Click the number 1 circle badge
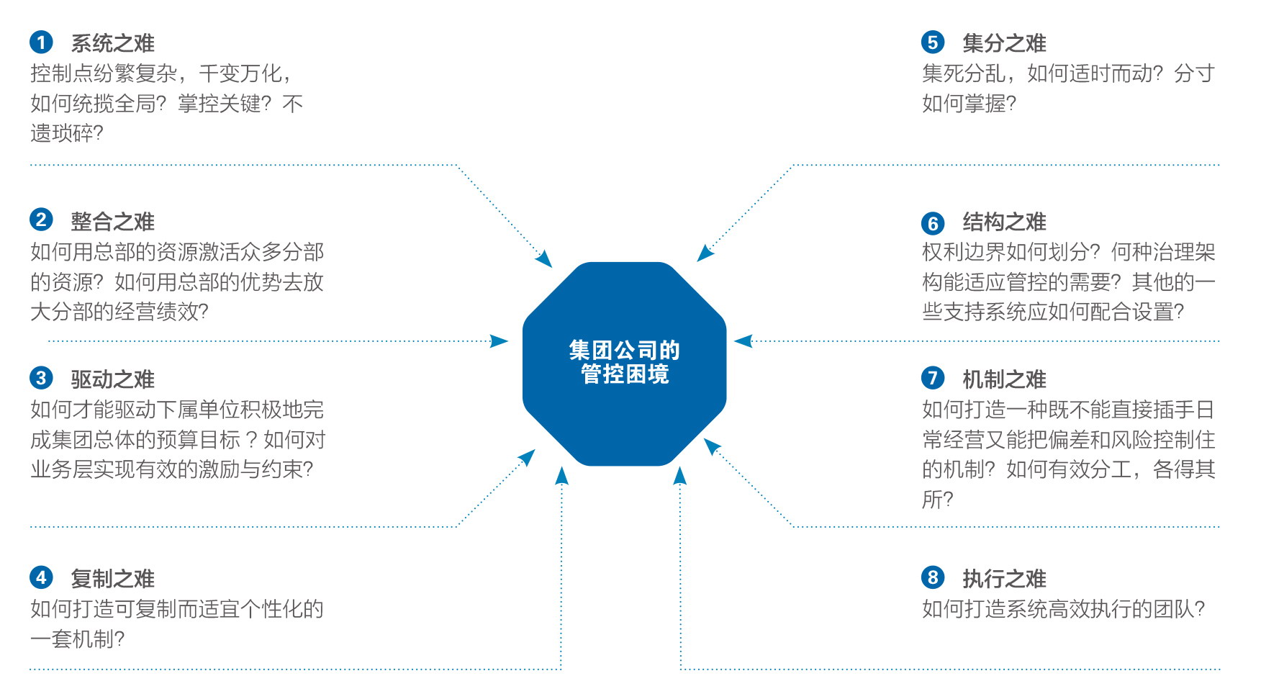41,42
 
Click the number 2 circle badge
41,220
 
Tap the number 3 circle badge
41,378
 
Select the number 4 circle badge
41,577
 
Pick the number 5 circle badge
933,42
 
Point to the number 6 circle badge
933,223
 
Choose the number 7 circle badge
933,378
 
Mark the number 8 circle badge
933,577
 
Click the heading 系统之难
113,43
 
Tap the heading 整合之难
113,222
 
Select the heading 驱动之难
113,379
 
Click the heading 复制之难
113,579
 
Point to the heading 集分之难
1005,43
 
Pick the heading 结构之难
1005,222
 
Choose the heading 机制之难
1005,379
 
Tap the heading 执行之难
1005,579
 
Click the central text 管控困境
625,374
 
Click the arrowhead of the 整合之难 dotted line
500,341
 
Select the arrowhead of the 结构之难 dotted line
744,341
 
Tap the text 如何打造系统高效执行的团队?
1064,609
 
